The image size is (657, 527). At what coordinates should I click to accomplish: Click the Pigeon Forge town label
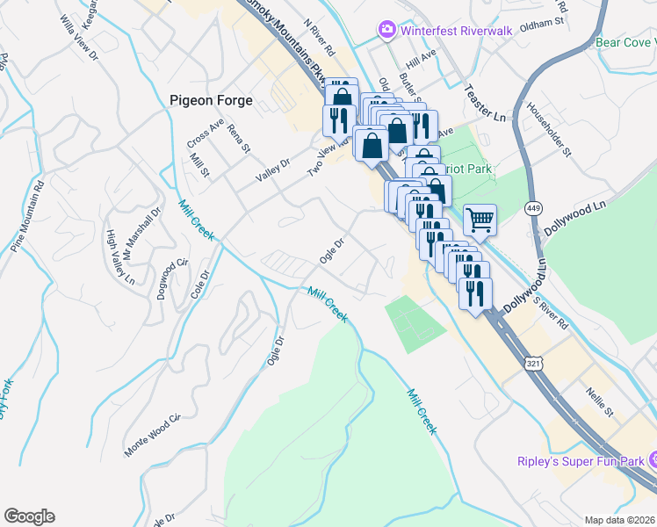pos(211,100)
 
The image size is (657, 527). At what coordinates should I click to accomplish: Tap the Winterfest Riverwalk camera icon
pos(386,31)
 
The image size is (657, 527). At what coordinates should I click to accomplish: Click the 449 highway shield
pos(533,208)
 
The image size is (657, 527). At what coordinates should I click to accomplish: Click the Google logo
pos(29,516)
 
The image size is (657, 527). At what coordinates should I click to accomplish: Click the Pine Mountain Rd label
pos(27,216)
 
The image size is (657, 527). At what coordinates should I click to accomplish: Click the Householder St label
pos(550,129)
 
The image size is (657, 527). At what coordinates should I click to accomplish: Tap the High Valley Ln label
pos(119,257)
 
